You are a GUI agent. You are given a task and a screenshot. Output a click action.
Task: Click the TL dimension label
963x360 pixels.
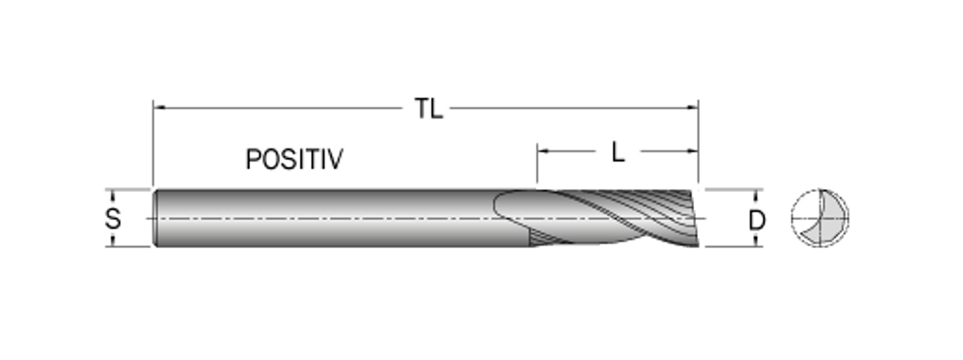point(429,109)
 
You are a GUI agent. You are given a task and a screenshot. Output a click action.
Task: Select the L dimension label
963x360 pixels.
point(618,152)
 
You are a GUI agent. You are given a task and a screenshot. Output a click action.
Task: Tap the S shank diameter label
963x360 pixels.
point(113,218)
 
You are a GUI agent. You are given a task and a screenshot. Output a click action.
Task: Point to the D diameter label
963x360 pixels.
point(757,220)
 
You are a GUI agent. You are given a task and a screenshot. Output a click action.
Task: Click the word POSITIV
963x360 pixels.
point(294,160)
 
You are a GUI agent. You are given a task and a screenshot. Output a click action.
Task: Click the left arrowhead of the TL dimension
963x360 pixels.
point(159,107)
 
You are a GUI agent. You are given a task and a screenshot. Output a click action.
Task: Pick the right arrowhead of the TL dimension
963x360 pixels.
point(692,107)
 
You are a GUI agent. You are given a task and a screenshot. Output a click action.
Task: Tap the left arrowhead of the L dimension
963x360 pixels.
point(544,150)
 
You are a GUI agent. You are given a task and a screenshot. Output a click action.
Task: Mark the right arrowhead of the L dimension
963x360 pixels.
point(692,150)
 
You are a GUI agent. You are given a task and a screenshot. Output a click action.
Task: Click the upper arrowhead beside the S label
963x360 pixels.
point(113,195)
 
